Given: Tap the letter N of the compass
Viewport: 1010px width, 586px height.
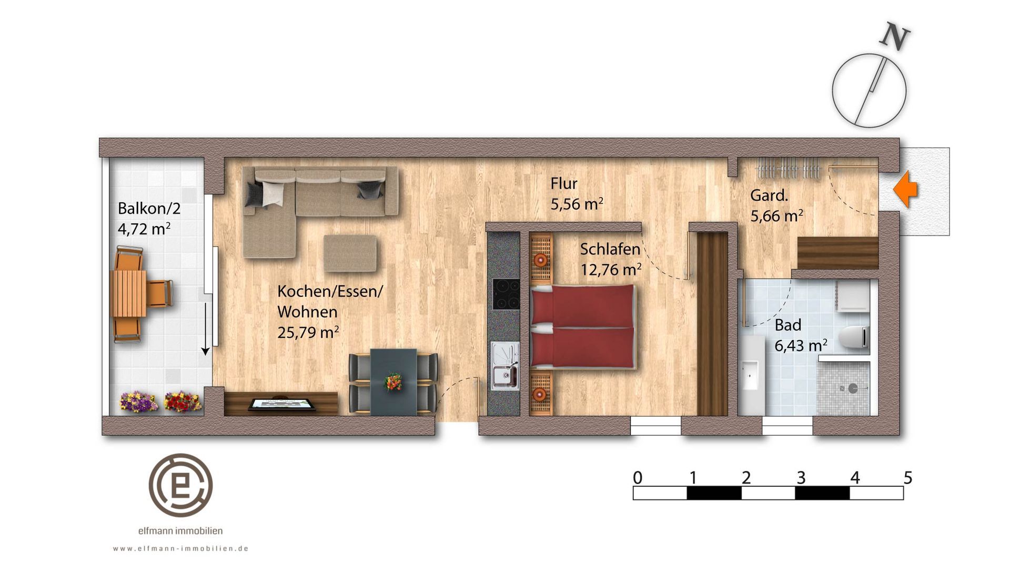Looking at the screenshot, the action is [895, 36].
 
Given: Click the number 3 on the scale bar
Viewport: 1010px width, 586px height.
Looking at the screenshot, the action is [801, 478].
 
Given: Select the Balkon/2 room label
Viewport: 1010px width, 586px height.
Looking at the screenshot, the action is [149, 209].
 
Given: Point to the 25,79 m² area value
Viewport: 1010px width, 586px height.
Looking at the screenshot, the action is [308, 333].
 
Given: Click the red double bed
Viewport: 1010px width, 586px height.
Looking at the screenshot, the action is [583, 326].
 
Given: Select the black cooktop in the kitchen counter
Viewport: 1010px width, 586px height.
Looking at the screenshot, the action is [506, 294].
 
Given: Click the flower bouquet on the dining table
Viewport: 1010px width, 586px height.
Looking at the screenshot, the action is [393, 382].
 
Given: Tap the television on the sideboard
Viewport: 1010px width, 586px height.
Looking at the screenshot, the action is [282, 404].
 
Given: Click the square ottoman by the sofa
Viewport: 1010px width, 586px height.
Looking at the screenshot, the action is [350, 253].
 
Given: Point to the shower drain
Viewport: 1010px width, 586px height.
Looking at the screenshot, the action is [853, 388].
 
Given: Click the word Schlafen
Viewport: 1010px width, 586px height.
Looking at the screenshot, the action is [610, 249].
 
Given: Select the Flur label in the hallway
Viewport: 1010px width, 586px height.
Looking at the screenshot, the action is [564, 183].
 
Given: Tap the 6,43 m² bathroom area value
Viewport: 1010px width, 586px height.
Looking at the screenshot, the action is [801, 346].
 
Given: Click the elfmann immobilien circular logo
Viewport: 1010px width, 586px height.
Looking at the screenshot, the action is [180, 485].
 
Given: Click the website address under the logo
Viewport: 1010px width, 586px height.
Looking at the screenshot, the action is [180, 549].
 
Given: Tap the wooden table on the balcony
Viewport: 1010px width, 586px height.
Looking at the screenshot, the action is [128, 293].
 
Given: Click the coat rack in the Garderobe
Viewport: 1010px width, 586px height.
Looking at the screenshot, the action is [787, 169].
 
